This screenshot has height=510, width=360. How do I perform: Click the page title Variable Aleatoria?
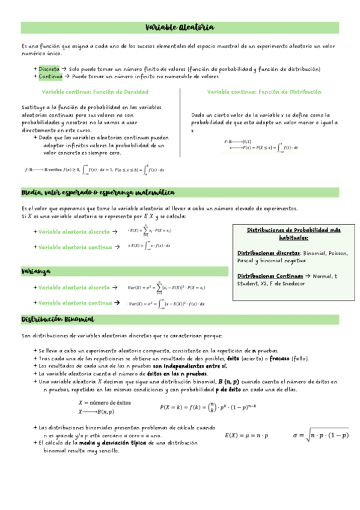(x=180, y=28)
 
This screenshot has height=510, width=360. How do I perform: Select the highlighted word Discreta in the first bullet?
(x=49, y=69)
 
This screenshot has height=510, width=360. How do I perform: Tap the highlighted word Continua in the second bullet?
(x=50, y=77)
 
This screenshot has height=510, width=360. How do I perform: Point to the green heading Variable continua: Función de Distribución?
(x=264, y=92)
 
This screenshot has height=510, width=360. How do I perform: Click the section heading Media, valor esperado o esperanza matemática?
(x=97, y=192)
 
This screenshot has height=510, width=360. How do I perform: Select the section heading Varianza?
(x=36, y=271)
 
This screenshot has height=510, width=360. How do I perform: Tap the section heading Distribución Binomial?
(x=57, y=319)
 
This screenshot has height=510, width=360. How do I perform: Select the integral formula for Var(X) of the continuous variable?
(x=166, y=303)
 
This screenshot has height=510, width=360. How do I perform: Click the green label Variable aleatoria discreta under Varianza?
(x=73, y=287)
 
